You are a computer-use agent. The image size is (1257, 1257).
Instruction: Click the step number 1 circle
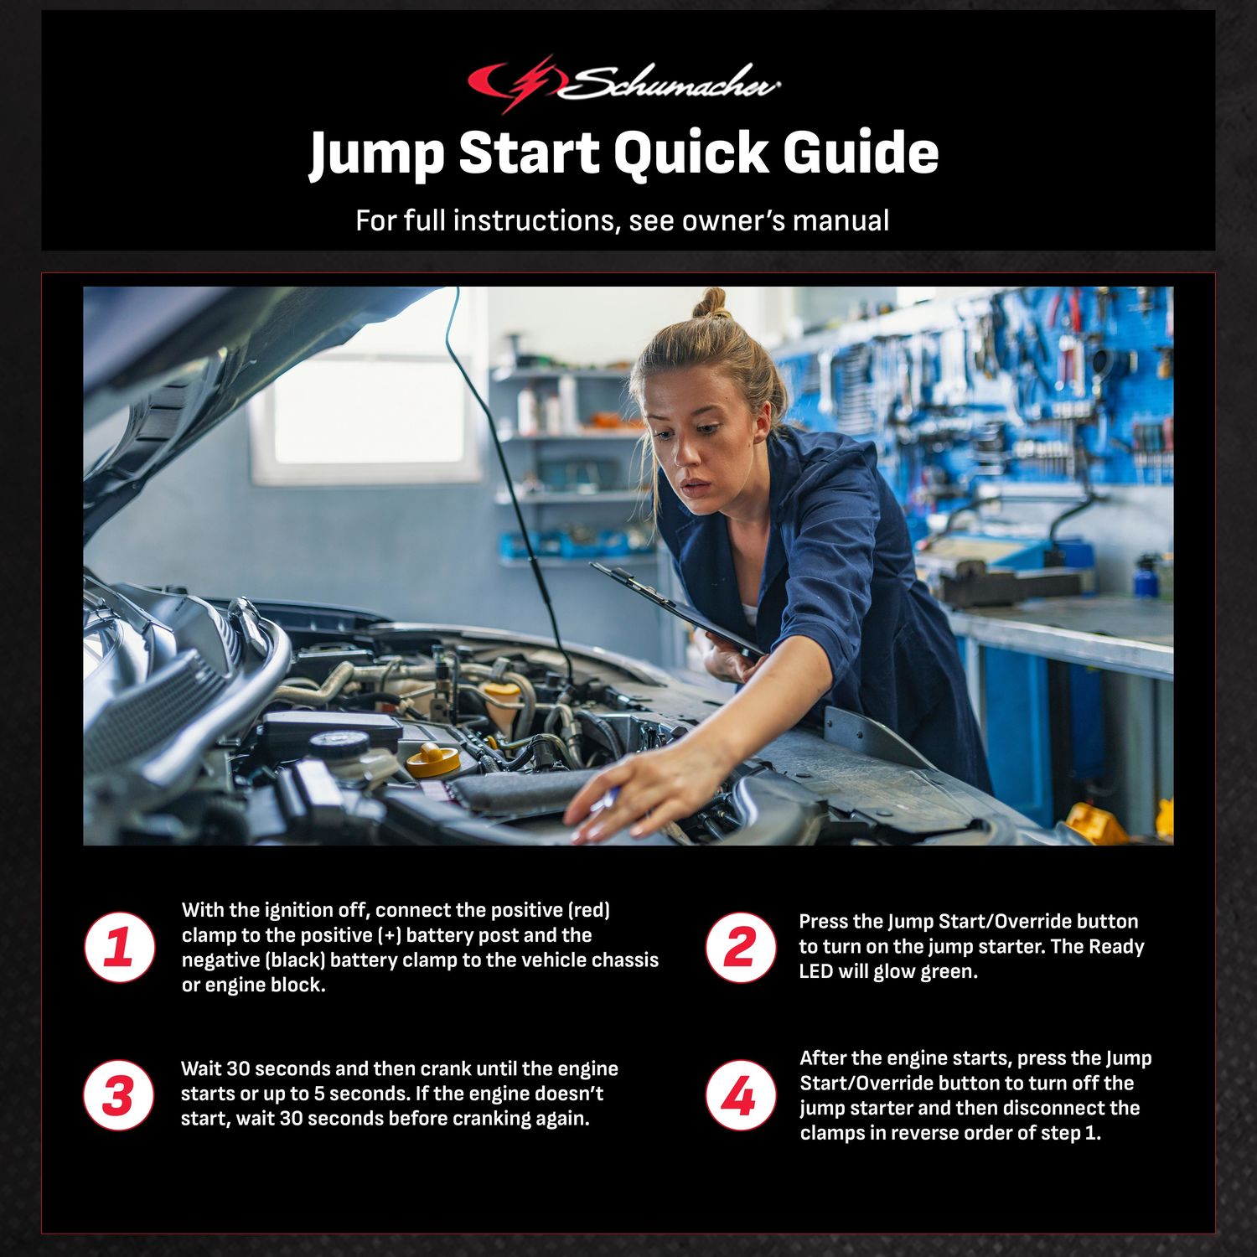(120, 947)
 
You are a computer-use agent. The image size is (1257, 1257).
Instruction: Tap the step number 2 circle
(740, 947)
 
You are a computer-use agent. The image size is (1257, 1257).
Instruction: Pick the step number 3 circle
(119, 1095)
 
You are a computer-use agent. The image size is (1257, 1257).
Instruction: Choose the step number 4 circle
(740, 1095)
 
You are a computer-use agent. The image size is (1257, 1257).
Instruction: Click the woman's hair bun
(711, 303)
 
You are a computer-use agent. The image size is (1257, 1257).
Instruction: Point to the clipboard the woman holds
(670, 608)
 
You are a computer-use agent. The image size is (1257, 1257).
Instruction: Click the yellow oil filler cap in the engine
(433, 759)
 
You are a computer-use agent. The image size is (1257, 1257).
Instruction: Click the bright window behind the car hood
(369, 411)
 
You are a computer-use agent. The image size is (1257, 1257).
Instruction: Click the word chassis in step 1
(624, 960)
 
